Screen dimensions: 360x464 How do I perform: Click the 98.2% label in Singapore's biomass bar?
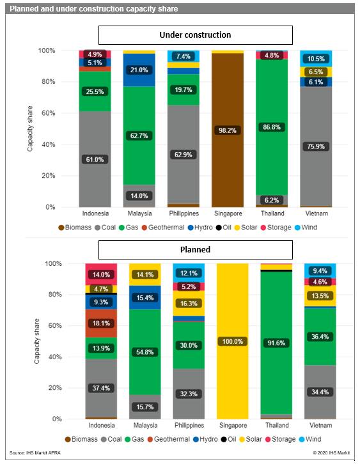pyautogui.click(x=228, y=130)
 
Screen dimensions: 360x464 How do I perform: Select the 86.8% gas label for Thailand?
pyautogui.click(x=272, y=127)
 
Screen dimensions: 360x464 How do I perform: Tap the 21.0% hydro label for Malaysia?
pyautogui.click(x=139, y=70)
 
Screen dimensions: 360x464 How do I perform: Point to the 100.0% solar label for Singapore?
pyautogui.click(x=232, y=341)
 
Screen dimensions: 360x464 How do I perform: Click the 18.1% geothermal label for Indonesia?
pyautogui.click(x=101, y=323)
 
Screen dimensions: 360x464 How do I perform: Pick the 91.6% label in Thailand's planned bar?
pyautogui.click(x=276, y=343)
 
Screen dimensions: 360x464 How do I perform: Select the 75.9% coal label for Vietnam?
pyautogui.click(x=316, y=146)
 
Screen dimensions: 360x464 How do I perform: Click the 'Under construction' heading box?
pyautogui.click(x=196, y=35)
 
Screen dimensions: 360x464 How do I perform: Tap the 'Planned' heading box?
pyautogui.click(x=196, y=249)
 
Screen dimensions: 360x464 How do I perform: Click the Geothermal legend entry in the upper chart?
pyautogui.click(x=163, y=228)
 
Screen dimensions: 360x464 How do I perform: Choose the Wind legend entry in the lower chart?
pyautogui.click(x=310, y=439)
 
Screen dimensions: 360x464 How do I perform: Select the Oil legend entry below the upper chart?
pyautogui.click(x=224, y=228)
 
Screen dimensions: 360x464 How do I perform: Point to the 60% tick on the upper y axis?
pyautogui.click(x=48, y=113)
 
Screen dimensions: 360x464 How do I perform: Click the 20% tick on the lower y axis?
pyautogui.click(x=55, y=388)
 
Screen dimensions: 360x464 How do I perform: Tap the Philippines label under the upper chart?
pyautogui.click(x=184, y=213)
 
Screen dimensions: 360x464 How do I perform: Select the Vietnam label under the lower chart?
pyautogui.click(x=320, y=425)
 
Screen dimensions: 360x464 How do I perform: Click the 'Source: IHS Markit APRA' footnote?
pyautogui.click(x=35, y=452)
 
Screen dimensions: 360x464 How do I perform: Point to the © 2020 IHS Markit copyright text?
pyautogui.click(x=331, y=452)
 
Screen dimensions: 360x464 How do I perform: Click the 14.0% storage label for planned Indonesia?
pyautogui.click(x=101, y=275)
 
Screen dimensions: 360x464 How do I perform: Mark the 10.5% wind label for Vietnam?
pyautogui.click(x=316, y=59)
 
